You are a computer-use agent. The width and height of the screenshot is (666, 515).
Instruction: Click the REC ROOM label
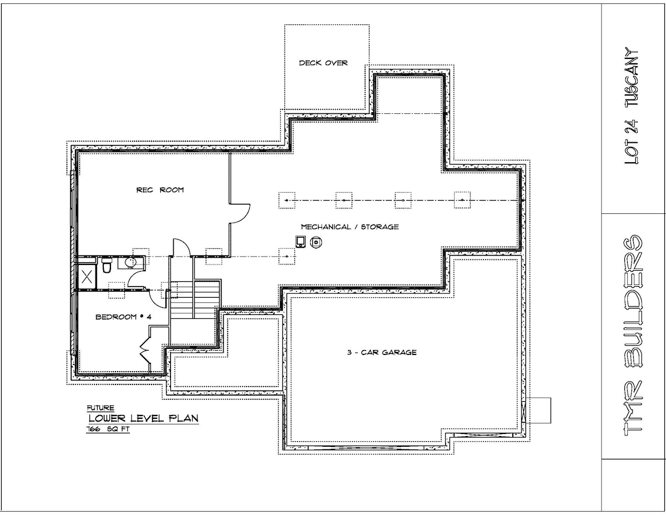160,190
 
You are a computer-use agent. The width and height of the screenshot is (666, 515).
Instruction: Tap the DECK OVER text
324,63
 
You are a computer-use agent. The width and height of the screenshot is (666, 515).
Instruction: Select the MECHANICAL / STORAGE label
350,227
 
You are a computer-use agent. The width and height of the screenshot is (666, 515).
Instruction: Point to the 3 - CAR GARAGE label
382,352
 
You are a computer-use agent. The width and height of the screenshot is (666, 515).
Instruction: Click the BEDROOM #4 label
124,317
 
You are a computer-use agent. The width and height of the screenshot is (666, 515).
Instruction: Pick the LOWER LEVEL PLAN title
143,418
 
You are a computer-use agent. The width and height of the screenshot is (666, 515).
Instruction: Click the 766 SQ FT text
108,429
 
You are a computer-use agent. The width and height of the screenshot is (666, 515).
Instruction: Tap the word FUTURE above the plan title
100,408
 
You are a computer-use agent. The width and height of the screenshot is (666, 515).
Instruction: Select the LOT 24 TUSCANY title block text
632,106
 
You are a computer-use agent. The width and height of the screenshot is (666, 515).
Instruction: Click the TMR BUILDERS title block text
632,336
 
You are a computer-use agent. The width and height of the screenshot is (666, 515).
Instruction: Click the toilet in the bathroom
107,265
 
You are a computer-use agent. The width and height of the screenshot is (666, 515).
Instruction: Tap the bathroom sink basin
131,263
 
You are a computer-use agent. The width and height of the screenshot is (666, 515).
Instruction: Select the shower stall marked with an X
87,278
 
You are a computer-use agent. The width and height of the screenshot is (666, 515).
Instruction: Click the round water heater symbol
316,243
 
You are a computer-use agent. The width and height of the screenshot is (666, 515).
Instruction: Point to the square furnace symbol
300,242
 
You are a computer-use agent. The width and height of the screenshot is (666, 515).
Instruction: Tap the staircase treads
195,299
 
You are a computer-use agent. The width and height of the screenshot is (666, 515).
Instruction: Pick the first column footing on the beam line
286,201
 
